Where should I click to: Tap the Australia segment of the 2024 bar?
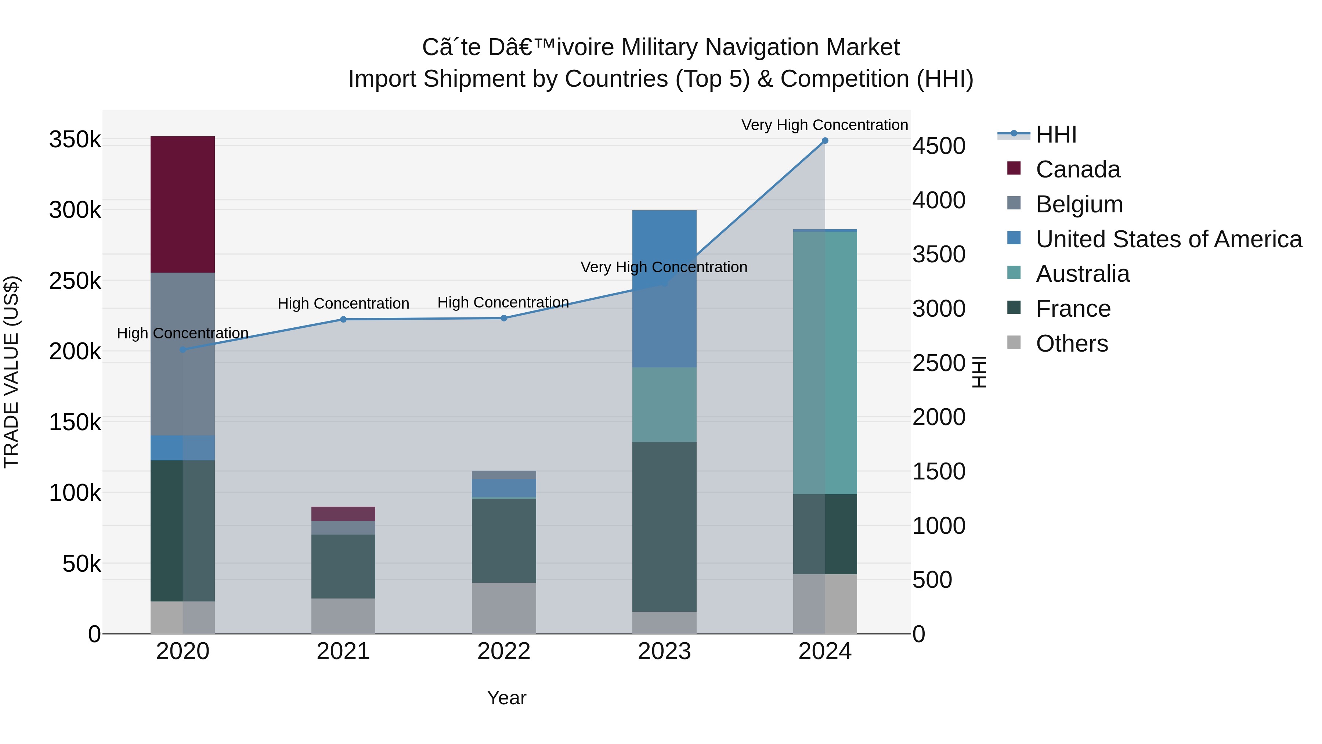coord(825,363)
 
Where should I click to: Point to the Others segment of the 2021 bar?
coord(343,616)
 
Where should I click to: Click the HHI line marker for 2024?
coord(825,141)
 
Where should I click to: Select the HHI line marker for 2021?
coord(343,319)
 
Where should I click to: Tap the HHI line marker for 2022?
coord(503,318)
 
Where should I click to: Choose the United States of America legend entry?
coord(1168,239)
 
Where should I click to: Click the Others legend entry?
coord(1071,344)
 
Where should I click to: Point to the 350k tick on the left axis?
coord(75,140)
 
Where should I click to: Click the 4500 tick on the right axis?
coord(938,146)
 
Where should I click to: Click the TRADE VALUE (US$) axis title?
coord(11,372)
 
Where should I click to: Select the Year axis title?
coord(506,698)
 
